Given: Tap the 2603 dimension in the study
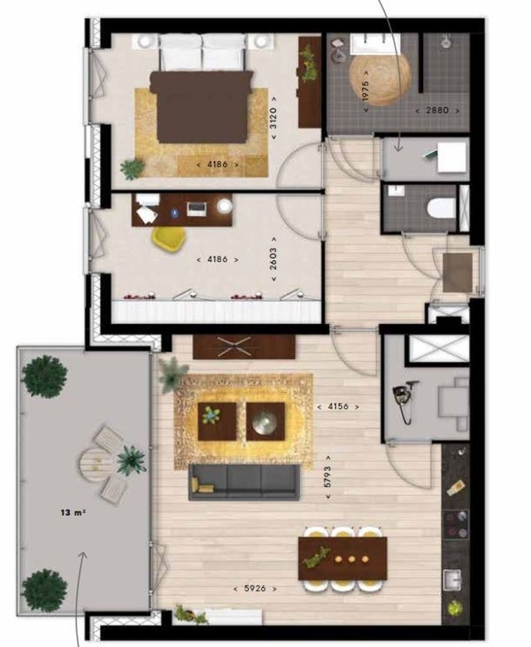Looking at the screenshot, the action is pyautogui.click(x=273, y=258).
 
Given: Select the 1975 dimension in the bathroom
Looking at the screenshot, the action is pyautogui.click(x=366, y=91).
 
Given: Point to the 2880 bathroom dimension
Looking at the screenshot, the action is pyautogui.click(x=437, y=111).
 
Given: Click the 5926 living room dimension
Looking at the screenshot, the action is pyautogui.click(x=255, y=589).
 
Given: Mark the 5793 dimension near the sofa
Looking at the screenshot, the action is pyautogui.click(x=328, y=477).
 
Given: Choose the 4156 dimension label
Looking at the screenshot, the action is pyautogui.click(x=338, y=406).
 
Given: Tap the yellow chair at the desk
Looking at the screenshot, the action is pyautogui.click(x=169, y=238).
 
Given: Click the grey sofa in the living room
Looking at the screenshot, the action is pyautogui.click(x=244, y=482).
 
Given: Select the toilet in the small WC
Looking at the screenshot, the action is pyautogui.click(x=441, y=208).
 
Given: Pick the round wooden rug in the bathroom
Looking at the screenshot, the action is pyautogui.click(x=380, y=79).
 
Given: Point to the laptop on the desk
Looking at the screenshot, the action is pyautogui.click(x=197, y=209).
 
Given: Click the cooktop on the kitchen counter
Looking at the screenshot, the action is pyautogui.click(x=456, y=524).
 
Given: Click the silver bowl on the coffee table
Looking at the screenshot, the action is pyautogui.click(x=265, y=422).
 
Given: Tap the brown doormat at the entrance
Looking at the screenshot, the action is pyautogui.click(x=458, y=273).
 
